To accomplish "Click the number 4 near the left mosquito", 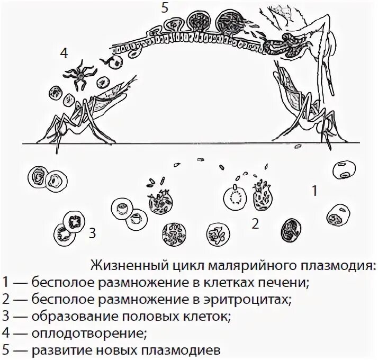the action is pos(64,53).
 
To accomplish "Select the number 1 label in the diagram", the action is pos(314,191).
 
